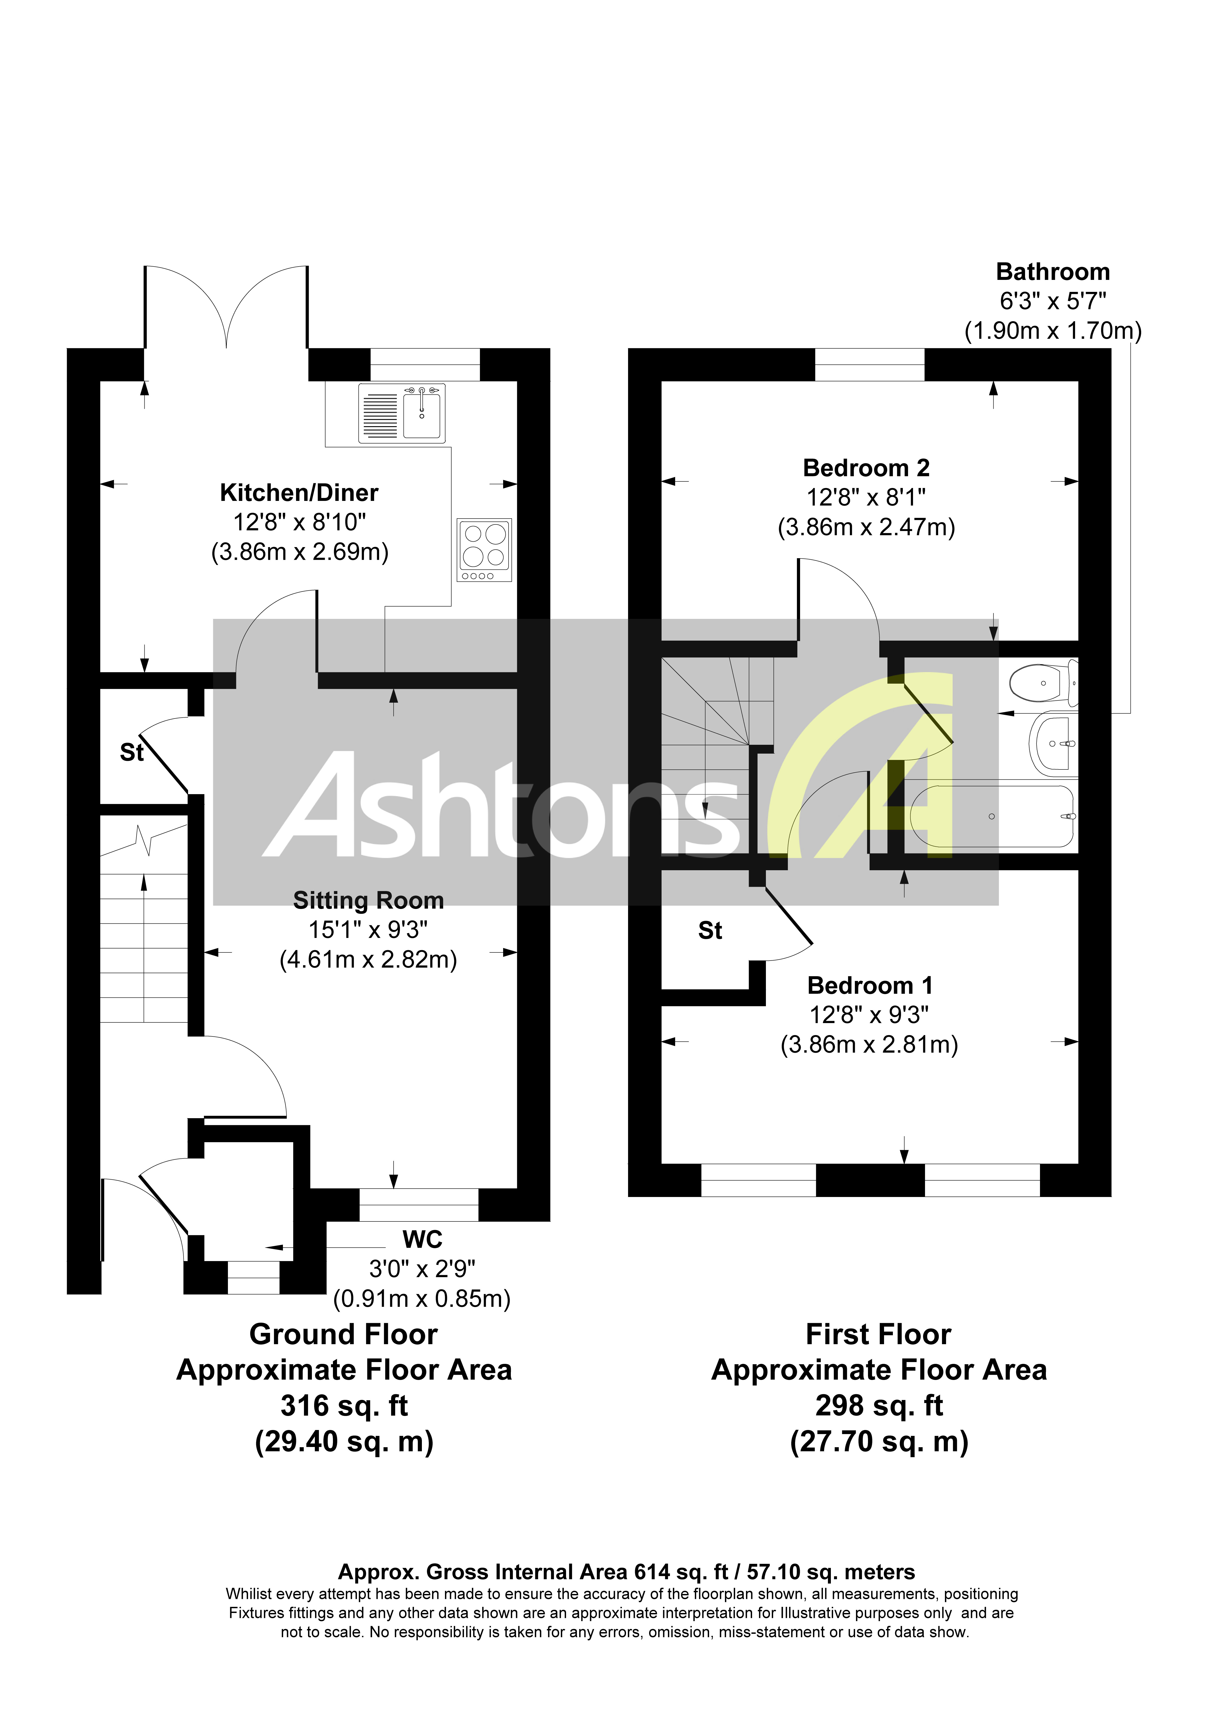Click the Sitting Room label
(x=368, y=901)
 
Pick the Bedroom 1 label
(x=870, y=986)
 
